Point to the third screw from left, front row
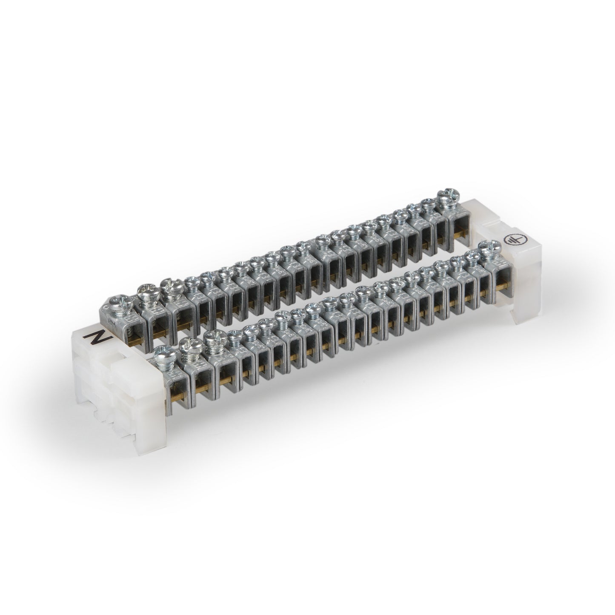tap(212, 338)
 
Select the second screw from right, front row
tap(472, 257)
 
